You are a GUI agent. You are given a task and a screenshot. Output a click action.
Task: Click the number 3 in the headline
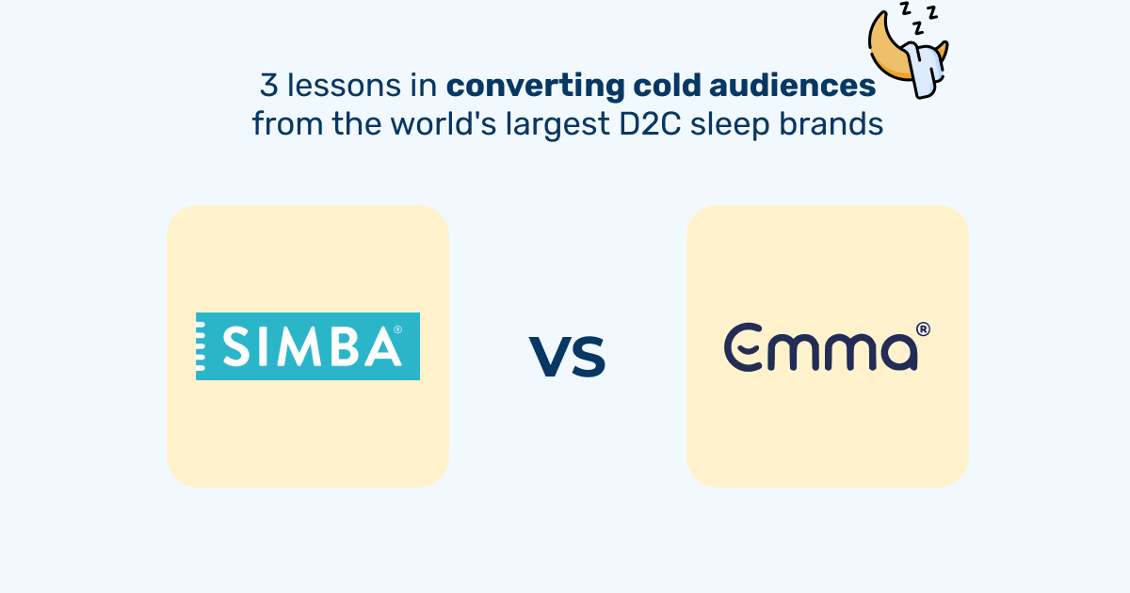click(268, 87)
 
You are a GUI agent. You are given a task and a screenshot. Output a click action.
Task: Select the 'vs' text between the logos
click(567, 355)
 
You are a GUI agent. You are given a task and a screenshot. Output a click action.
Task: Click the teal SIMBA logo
click(308, 346)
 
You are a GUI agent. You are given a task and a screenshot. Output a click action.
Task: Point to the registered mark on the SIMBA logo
click(397, 330)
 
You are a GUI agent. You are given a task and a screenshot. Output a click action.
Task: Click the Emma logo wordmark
click(820, 347)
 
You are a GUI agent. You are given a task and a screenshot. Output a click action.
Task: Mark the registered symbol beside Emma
click(924, 329)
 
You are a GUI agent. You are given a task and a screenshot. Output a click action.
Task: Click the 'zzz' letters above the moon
click(917, 14)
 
